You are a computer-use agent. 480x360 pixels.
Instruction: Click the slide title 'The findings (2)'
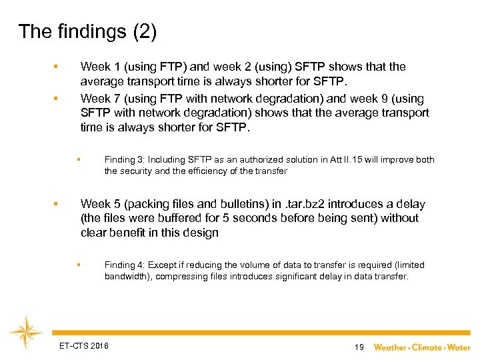pos(87,32)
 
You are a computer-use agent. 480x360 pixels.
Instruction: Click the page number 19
pos(359,347)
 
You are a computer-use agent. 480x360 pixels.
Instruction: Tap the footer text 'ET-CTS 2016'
pos(83,345)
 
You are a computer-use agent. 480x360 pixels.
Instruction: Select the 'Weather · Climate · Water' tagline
pos(421,347)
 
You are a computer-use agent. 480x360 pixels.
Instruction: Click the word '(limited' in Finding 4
pos(409,265)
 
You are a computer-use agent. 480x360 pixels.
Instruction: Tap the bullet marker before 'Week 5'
pos(57,203)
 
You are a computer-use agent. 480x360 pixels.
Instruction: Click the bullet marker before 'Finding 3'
pos(78,159)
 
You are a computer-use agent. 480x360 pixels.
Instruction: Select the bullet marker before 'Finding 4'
pos(78,265)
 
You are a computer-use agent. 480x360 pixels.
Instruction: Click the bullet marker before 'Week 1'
pos(57,66)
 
